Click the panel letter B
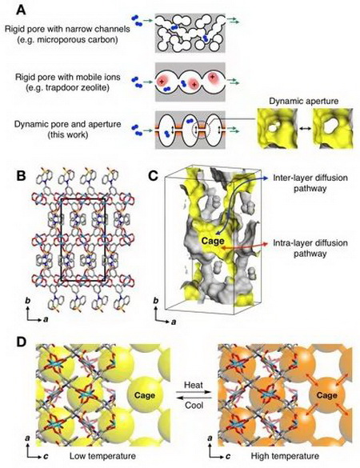point(21,176)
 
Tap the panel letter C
point(153,176)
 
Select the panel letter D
point(22,342)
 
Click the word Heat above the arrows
point(194,385)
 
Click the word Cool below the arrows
point(194,405)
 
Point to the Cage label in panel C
point(213,241)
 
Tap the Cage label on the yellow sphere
point(145,395)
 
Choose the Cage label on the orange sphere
point(326,395)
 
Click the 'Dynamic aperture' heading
point(303,101)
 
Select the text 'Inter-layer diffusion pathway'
point(310,183)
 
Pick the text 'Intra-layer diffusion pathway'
point(310,248)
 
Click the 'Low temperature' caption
point(102,456)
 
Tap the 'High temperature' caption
point(285,456)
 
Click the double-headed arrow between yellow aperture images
point(305,128)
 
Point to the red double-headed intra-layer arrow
point(244,246)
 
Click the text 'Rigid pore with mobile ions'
point(68,77)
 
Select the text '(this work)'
point(68,134)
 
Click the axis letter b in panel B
point(28,301)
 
